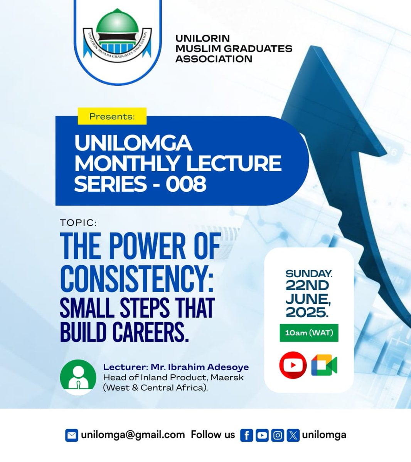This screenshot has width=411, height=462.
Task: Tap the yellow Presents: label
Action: [x=112, y=116]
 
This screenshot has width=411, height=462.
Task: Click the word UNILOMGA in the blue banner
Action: [x=133, y=143]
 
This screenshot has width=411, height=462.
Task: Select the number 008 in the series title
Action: [x=186, y=184]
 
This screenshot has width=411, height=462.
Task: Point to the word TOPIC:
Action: [x=78, y=223]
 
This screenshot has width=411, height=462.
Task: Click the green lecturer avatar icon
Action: [x=78, y=377]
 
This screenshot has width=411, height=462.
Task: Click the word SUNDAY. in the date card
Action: [x=309, y=274]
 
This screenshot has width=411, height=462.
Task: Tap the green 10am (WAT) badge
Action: [x=309, y=333]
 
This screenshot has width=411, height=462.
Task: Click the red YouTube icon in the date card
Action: [x=293, y=365]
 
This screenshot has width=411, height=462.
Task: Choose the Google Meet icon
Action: [x=324, y=365]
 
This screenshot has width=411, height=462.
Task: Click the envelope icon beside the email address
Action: [x=72, y=435]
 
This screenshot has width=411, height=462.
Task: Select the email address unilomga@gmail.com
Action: [x=133, y=435]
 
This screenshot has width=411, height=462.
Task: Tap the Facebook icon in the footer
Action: [x=246, y=435]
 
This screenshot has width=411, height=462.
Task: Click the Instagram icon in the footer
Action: [x=278, y=435]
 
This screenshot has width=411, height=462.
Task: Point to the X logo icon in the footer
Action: [x=293, y=435]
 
